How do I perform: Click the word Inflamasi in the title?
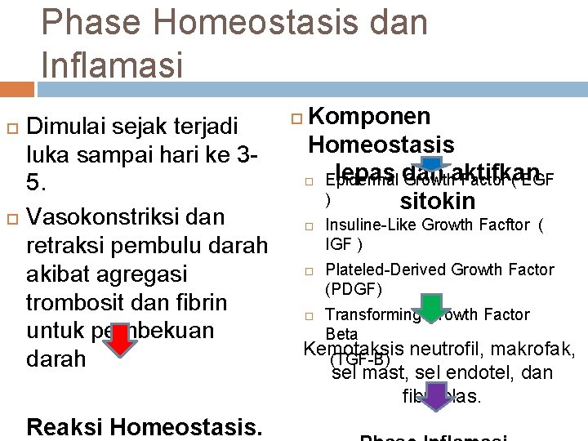click(x=113, y=63)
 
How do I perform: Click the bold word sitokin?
click(x=438, y=201)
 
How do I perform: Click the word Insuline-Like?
click(x=373, y=226)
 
